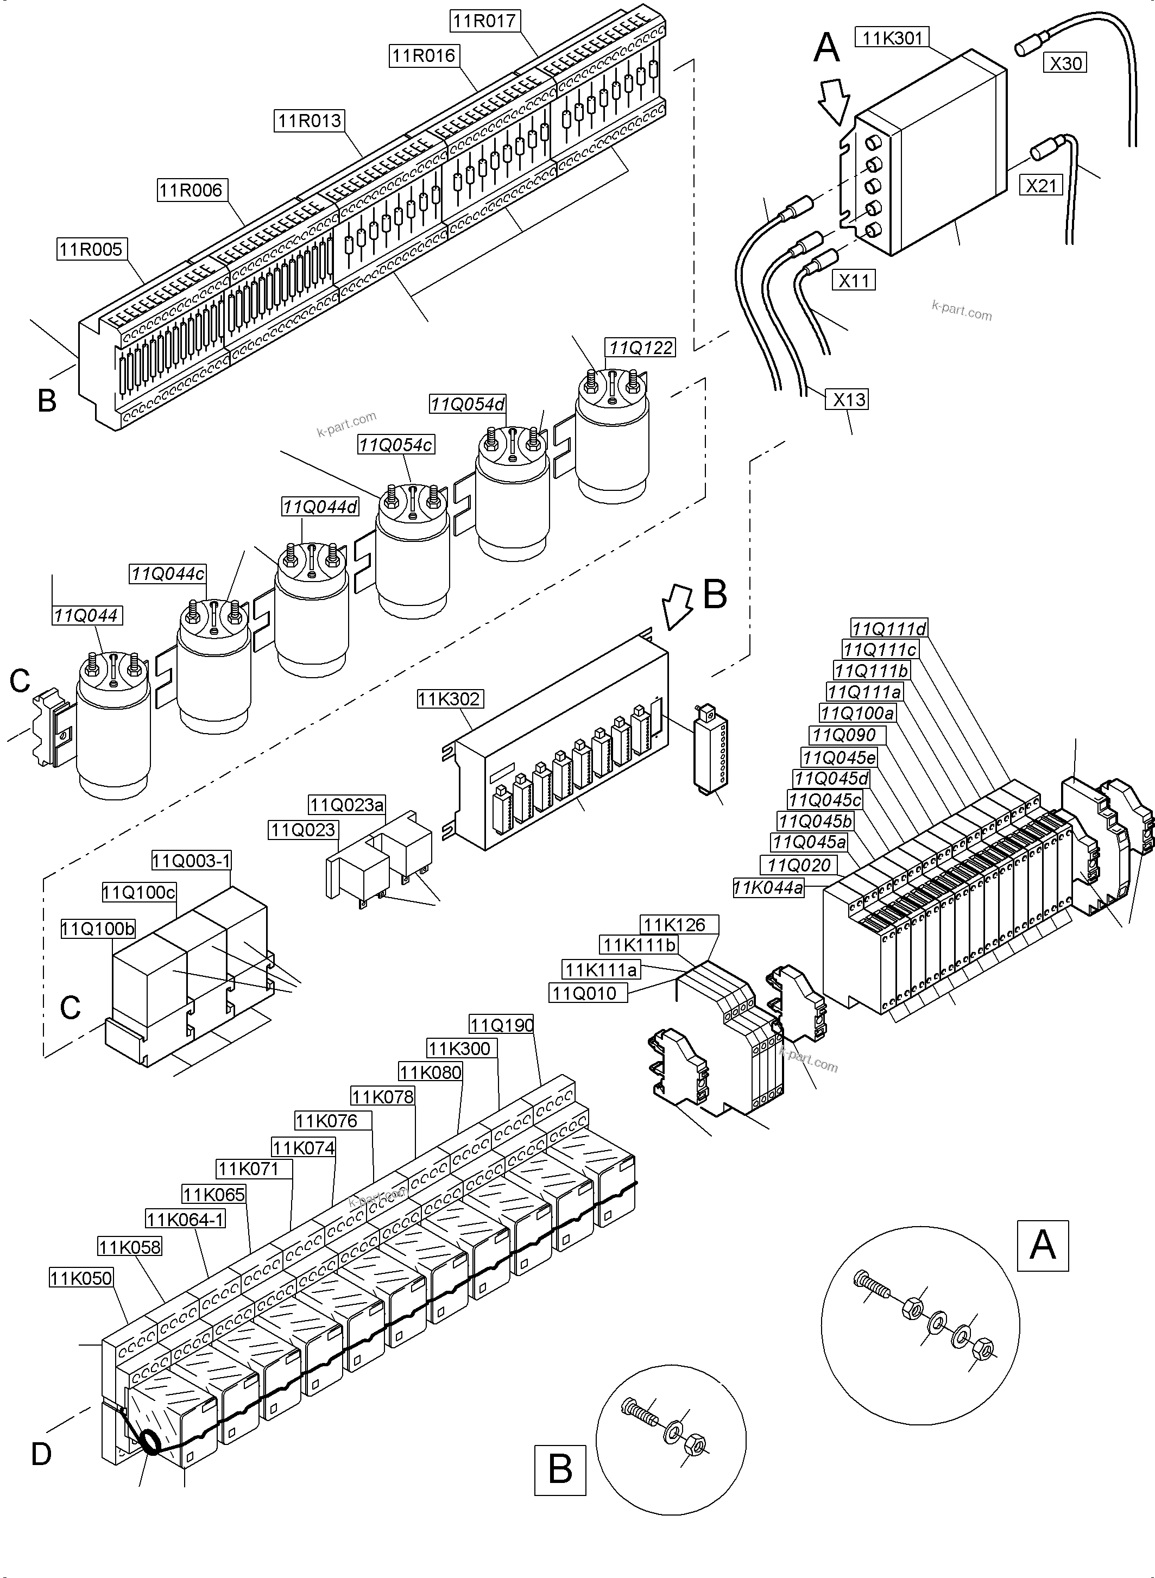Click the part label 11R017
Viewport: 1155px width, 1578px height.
[x=484, y=21]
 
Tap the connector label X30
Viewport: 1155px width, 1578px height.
[x=1065, y=63]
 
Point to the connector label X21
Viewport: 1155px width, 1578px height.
[x=1041, y=185]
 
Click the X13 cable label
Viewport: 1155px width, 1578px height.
[x=849, y=399]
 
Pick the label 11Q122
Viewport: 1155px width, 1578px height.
[x=640, y=348]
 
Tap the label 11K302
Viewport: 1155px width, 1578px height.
[x=449, y=698]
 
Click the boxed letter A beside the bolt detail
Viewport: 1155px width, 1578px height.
[x=1043, y=1245]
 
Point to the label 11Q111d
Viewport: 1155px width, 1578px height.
[x=888, y=629]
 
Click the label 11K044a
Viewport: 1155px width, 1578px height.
[x=768, y=888]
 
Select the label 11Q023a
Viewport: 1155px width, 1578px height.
[x=347, y=805]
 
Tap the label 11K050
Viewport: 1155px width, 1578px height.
[x=81, y=1278]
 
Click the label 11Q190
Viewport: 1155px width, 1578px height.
[x=501, y=1025]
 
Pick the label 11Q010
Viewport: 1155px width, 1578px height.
[x=584, y=993]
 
